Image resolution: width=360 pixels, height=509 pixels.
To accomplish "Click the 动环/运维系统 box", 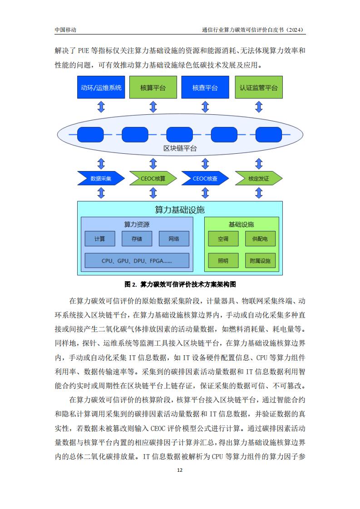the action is click(x=101, y=87).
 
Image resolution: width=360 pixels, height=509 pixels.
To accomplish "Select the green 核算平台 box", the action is click(x=153, y=87).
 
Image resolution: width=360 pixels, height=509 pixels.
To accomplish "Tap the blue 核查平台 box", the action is click(x=205, y=87).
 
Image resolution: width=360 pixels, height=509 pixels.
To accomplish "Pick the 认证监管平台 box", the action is click(x=259, y=87).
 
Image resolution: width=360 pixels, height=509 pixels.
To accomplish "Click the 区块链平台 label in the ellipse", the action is click(x=180, y=148).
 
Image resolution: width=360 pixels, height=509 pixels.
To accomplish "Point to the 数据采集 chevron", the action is click(x=101, y=178).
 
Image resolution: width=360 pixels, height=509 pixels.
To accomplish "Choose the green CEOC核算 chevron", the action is click(x=153, y=178).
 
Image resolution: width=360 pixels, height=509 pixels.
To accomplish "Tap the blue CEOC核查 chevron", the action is click(x=205, y=178).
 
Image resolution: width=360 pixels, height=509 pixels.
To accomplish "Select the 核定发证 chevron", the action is click(x=259, y=178).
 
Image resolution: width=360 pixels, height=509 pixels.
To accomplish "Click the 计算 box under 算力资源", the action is click(x=100, y=239).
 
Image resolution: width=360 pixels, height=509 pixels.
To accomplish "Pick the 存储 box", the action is click(x=137, y=239).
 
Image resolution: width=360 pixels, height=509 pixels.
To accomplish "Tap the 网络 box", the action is click(x=174, y=239).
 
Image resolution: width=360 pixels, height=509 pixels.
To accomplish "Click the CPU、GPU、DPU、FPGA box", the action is click(x=137, y=260).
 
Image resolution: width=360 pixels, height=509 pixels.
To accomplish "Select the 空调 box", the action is click(x=223, y=239).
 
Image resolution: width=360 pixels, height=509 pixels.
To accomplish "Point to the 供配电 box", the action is click(x=260, y=239).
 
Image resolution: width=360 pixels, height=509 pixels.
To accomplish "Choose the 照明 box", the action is click(x=223, y=260).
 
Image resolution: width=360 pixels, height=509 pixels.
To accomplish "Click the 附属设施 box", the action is click(x=260, y=260).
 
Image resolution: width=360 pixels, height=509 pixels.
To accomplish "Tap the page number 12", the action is click(x=180, y=470).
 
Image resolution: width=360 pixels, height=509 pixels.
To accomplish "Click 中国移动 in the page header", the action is click(x=65, y=30).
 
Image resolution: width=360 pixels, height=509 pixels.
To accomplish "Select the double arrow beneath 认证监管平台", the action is click(x=259, y=107).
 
